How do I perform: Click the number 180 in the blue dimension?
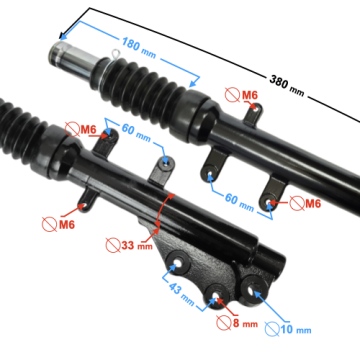(x=130, y=43)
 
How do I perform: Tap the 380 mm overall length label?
(x=287, y=85)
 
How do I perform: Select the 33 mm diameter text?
(x=136, y=246)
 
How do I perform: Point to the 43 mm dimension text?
(x=181, y=293)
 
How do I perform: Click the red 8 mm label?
(x=245, y=323)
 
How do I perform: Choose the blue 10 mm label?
(x=296, y=330)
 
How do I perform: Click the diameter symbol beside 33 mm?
(x=113, y=246)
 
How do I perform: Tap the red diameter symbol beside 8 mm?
(x=223, y=323)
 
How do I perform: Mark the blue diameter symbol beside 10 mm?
(x=272, y=329)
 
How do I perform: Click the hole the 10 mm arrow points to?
(x=252, y=291)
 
